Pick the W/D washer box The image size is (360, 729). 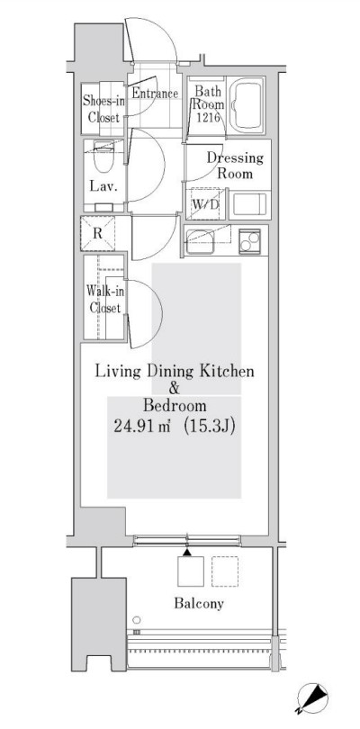[205, 205]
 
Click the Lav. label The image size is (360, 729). [98, 188]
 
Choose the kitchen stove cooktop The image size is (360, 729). [249, 240]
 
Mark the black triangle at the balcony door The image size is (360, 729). [187, 550]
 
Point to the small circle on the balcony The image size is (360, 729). [136, 620]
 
